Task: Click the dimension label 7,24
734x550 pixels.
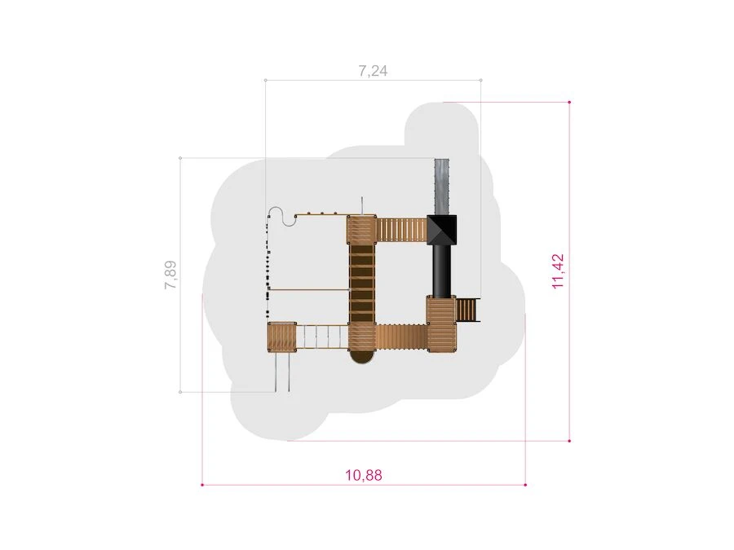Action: (x=373, y=71)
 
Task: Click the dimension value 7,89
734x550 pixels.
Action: (x=170, y=275)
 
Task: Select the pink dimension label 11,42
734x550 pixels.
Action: (x=558, y=271)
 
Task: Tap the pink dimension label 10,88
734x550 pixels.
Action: (x=364, y=475)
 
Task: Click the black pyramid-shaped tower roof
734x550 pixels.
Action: (x=441, y=229)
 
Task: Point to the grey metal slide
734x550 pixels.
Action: (x=442, y=187)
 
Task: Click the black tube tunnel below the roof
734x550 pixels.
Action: (x=442, y=271)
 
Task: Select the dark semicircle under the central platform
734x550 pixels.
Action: (x=362, y=356)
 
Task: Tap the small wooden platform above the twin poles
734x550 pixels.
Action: (x=282, y=337)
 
